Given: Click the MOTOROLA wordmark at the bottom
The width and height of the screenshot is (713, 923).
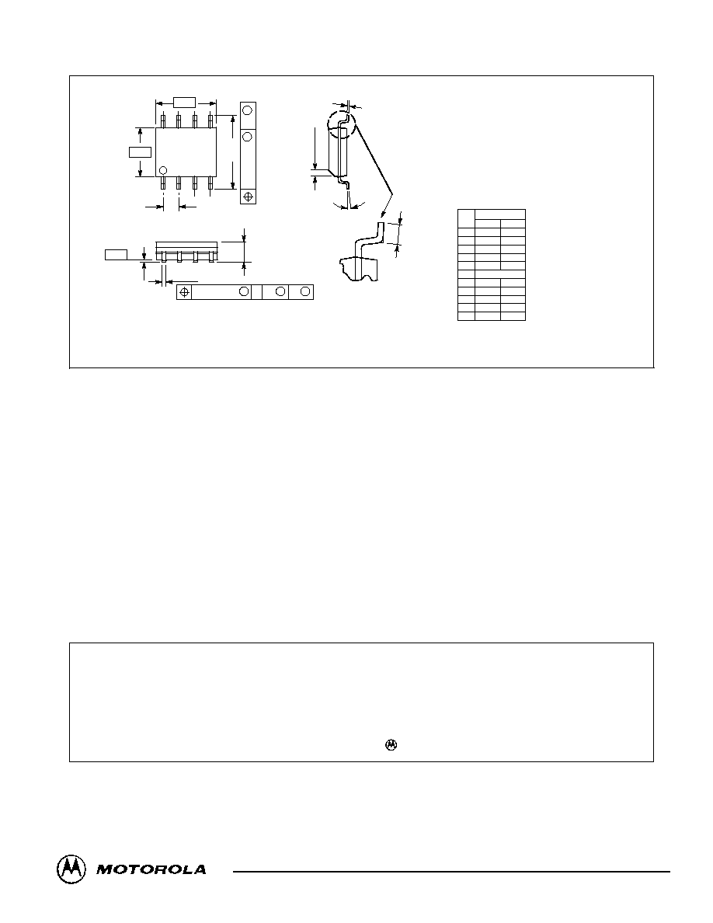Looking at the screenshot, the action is pos(151,869).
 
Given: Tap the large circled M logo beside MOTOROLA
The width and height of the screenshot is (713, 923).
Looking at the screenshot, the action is pos(71,869).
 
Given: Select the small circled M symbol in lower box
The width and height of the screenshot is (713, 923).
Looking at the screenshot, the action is pos(391,744).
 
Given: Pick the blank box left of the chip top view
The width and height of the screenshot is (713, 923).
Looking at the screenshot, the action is pos(140,152).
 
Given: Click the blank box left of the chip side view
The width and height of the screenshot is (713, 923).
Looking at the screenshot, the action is pos(115,254).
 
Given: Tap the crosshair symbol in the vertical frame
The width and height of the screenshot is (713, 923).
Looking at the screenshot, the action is pos(248,196).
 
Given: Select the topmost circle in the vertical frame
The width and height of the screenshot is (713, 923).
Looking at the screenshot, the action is pos(248,110).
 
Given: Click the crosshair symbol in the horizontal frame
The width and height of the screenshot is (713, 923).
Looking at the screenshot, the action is pos(185,292).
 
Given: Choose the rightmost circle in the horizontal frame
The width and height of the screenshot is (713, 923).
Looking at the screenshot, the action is pos(304,292).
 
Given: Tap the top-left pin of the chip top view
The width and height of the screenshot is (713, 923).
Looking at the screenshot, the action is pos(162,120).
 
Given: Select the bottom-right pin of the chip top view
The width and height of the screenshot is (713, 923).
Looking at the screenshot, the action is pos(210,183).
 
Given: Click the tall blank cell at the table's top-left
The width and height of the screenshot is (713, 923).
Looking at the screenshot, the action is pos(467,218).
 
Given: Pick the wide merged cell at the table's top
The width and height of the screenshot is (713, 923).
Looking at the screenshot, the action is pos(500,214).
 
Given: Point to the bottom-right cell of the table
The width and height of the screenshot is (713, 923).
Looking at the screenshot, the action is pos(513,317).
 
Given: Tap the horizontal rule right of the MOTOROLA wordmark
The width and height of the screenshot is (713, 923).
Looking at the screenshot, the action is pos(452,871).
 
